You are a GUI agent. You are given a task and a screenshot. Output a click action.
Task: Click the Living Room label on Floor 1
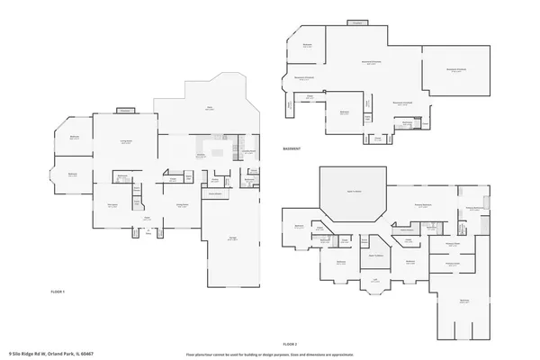click(x=127, y=141)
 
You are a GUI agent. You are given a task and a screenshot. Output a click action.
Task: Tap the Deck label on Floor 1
click(x=209, y=107)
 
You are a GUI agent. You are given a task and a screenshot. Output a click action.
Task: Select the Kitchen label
click(x=201, y=155)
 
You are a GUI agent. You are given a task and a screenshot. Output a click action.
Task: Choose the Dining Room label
click(x=181, y=205)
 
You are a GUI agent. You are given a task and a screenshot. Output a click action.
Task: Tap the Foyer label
click(x=147, y=217)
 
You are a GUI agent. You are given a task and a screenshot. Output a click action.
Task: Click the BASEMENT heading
click(x=292, y=148)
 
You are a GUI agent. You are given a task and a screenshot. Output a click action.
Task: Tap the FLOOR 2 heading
click(x=290, y=345)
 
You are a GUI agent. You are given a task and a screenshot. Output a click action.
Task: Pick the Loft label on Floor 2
click(x=374, y=280)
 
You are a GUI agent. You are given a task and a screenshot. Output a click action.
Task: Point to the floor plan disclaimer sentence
click(x=270, y=354)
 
